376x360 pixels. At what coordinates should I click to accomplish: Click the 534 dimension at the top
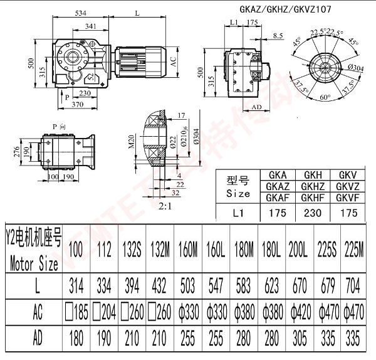point(80,11)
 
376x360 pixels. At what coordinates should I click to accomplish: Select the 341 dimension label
point(90,26)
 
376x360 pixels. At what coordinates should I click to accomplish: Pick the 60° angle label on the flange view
point(325,98)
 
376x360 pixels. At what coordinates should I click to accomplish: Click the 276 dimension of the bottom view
point(34,152)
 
